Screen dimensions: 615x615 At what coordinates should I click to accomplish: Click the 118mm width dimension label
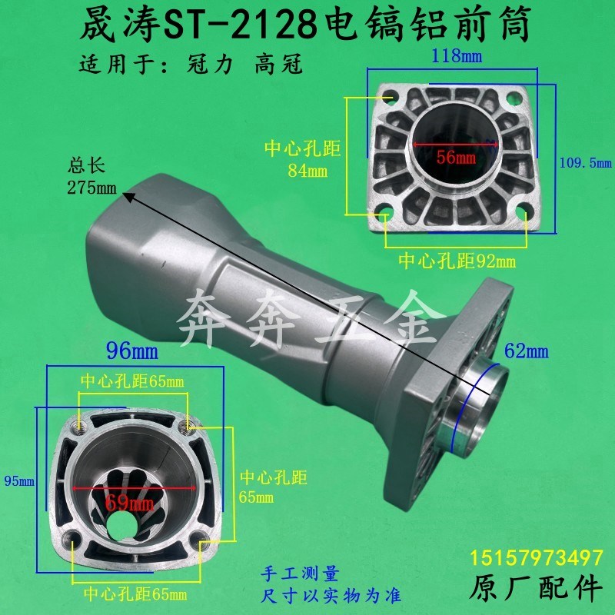point(451,55)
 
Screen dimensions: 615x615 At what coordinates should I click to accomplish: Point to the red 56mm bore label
point(456,158)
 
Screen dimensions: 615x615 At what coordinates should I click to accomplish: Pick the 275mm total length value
point(90,188)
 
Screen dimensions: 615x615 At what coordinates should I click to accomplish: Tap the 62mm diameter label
point(527,352)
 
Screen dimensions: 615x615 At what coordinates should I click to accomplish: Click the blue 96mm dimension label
point(131,353)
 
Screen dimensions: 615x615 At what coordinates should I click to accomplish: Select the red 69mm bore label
point(130,504)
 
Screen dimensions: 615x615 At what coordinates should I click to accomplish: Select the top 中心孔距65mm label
point(132,381)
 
